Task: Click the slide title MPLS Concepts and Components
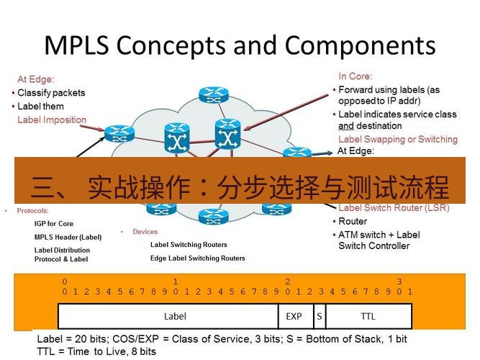(x=240, y=45)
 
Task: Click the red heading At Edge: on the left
(x=35, y=80)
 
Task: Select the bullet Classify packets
(x=51, y=93)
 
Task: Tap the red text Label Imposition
(x=52, y=120)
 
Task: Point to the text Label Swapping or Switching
(x=397, y=139)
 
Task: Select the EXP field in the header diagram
(x=294, y=316)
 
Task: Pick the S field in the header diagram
(x=319, y=316)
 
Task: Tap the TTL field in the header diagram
(x=368, y=316)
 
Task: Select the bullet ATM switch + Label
(x=379, y=235)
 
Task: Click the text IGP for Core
(x=54, y=224)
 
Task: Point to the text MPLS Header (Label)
(x=68, y=237)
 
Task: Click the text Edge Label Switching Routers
(x=197, y=258)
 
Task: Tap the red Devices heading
(x=145, y=232)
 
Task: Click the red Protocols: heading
(x=32, y=211)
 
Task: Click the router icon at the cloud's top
(x=212, y=94)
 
